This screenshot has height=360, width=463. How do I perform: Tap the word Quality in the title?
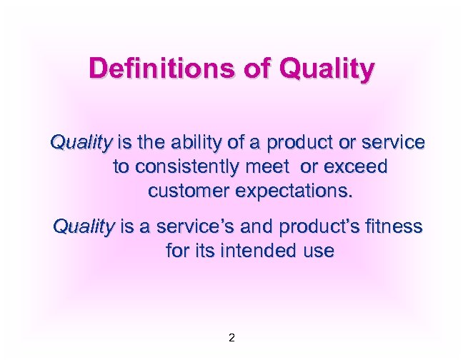(328, 70)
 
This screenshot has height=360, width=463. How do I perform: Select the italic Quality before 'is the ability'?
(81, 143)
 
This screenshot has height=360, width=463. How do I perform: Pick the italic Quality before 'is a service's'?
(84, 227)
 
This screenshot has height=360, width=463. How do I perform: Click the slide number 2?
(231, 337)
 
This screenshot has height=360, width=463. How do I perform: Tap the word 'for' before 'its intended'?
(178, 251)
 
